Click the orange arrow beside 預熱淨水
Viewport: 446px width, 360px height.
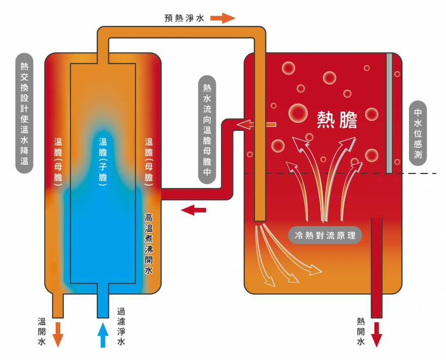(223, 18)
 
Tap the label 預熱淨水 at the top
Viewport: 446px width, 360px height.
(184, 18)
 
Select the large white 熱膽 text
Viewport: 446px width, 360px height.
(337, 120)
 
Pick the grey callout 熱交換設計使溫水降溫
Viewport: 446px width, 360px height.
(24, 113)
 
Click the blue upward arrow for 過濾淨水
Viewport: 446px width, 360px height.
(103, 334)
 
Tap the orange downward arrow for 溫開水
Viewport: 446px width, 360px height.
(58, 334)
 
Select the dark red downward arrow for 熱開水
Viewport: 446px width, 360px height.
(377, 334)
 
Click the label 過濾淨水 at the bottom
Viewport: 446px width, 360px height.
(121, 327)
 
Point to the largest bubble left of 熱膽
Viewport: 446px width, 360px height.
(298, 113)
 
